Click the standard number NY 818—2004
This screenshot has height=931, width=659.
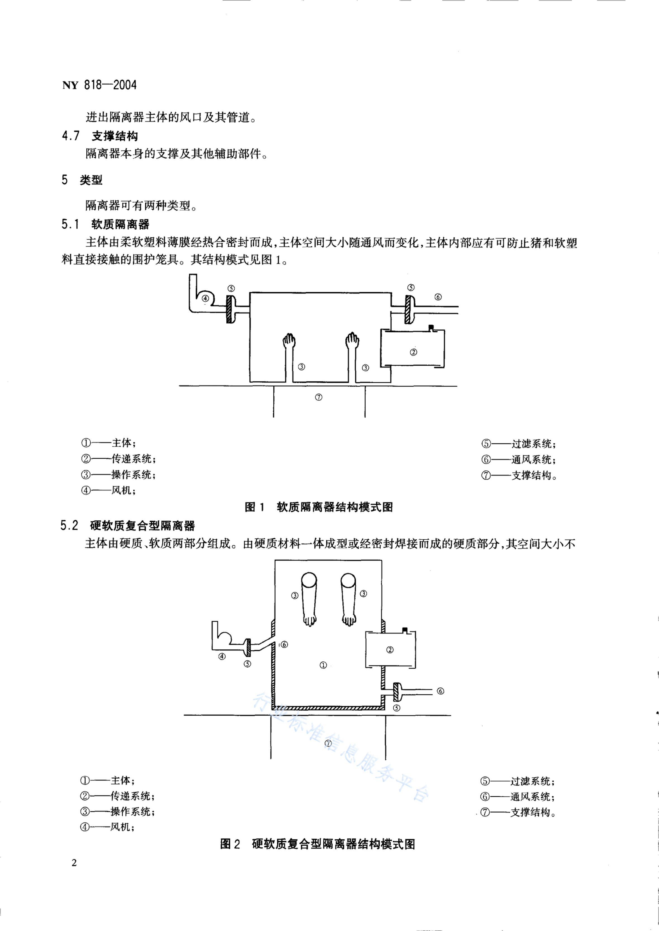[x=99, y=85]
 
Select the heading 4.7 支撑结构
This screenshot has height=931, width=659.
[x=100, y=136]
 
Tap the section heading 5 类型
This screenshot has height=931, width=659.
[x=82, y=180]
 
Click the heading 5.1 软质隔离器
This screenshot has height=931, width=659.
[x=106, y=224]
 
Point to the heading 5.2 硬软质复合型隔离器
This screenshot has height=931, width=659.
[x=128, y=526]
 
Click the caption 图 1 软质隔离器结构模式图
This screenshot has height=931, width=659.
[x=319, y=507]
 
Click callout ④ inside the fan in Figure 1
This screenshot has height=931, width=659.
[x=205, y=299]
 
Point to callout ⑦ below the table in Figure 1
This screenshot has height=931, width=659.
[x=319, y=397]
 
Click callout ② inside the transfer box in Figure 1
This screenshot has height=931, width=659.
[x=414, y=352]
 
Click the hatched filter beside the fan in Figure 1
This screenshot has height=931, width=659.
[x=230, y=309]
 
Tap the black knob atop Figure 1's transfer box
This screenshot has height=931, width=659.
[x=431, y=327]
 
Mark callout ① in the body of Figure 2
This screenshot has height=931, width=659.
[x=323, y=665]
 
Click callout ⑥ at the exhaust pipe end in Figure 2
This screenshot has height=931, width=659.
[x=441, y=691]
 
